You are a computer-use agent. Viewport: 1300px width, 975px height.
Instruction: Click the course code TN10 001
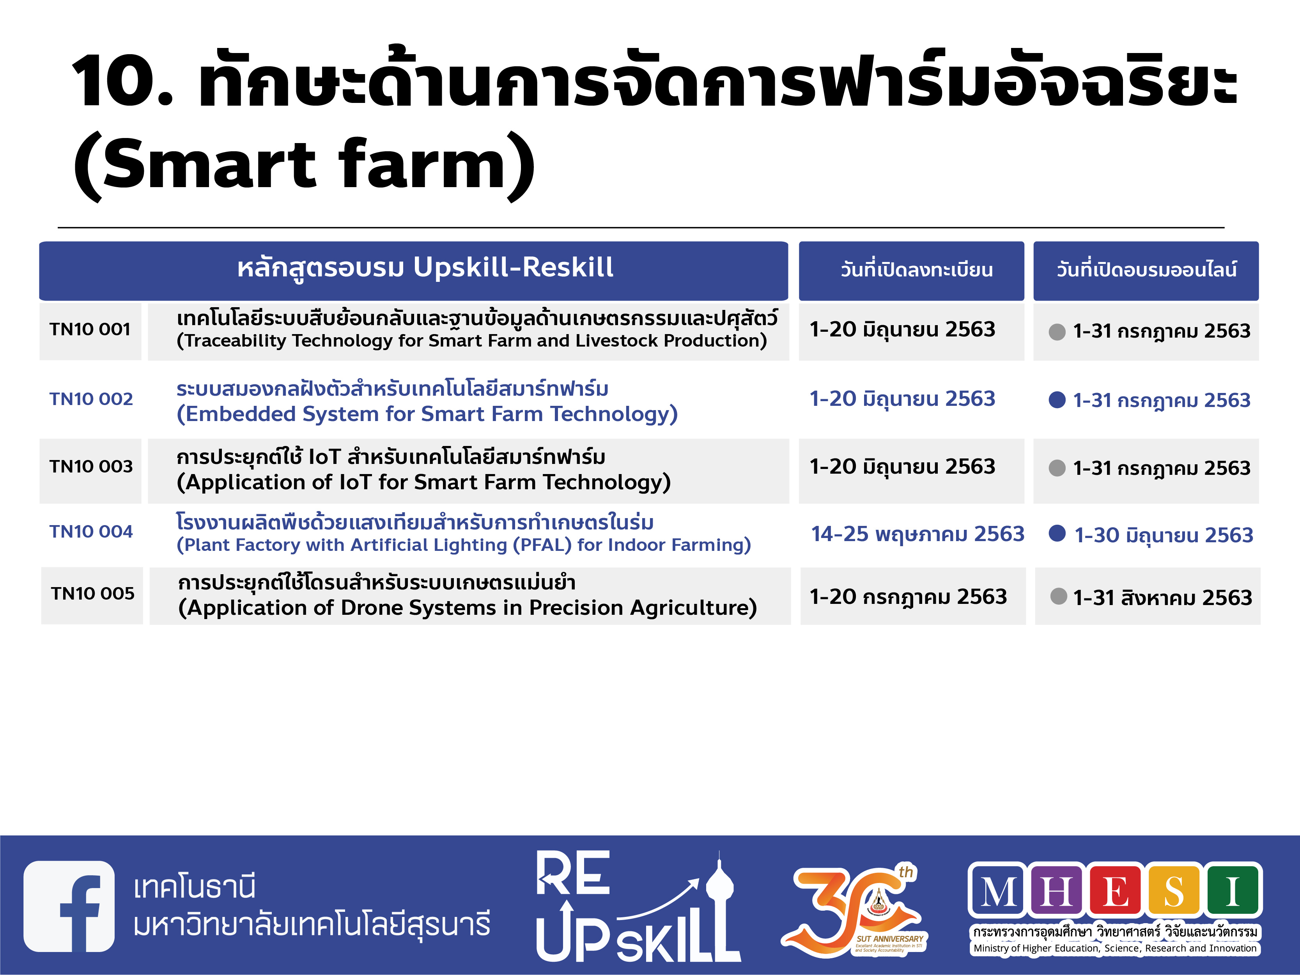(x=90, y=330)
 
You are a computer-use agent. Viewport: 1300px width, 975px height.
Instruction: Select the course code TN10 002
(x=91, y=399)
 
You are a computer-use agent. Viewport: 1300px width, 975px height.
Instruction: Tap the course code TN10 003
(x=91, y=467)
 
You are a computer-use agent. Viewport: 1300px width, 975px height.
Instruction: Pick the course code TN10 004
(x=91, y=532)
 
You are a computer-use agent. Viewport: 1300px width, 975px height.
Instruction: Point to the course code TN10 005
(x=93, y=594)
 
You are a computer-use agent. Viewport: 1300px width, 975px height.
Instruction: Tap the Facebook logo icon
(x=69, y=906)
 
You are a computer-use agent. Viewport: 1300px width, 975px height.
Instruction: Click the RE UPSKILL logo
(x=638, y=907)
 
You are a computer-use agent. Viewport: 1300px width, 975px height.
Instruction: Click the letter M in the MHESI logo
(x=999, y=891)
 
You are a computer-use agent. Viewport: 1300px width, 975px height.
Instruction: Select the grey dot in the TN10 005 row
(x=1059, y=596)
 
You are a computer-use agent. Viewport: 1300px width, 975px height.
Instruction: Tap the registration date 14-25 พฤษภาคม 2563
(x=917, y=534)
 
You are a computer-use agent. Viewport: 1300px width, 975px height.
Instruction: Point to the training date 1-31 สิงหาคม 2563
(x=1162, y=598)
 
